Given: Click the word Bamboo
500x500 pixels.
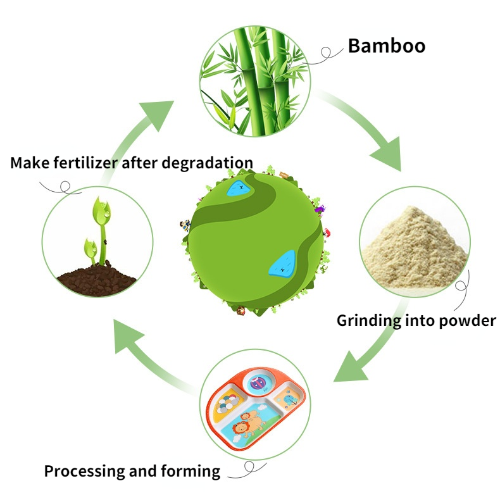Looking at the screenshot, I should coord(386,46).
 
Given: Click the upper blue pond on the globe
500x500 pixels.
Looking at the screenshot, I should coord(239,187).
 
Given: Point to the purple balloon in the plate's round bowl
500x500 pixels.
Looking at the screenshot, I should coord(258,384).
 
